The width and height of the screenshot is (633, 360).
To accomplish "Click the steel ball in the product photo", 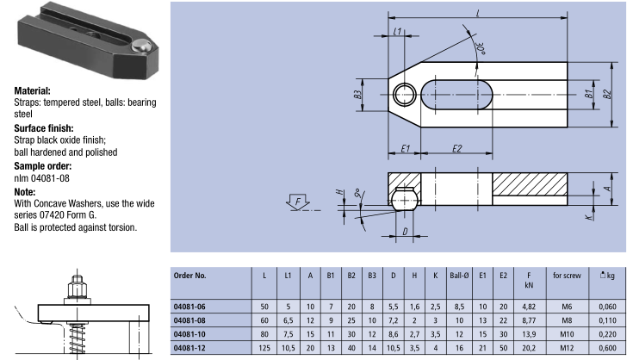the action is (x=140, y=46).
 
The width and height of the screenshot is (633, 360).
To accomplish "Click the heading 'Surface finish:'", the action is (x=44, y=128).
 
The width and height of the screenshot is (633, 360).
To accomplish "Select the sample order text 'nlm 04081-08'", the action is (x=41, y=178).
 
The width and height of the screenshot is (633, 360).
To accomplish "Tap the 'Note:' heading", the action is (x=25, y=192).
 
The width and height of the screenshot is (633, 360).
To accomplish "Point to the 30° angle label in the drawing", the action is (x=481, y=48).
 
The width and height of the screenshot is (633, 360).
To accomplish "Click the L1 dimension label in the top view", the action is (x=398, y=31).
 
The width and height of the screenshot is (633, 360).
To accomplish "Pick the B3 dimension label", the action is (x=357, y=95).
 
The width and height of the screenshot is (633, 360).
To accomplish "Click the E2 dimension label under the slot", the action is (x=456, y=148).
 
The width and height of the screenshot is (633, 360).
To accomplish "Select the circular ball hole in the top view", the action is (x=404, y=95).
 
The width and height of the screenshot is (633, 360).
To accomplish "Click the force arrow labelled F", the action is (x=298, y=202).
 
